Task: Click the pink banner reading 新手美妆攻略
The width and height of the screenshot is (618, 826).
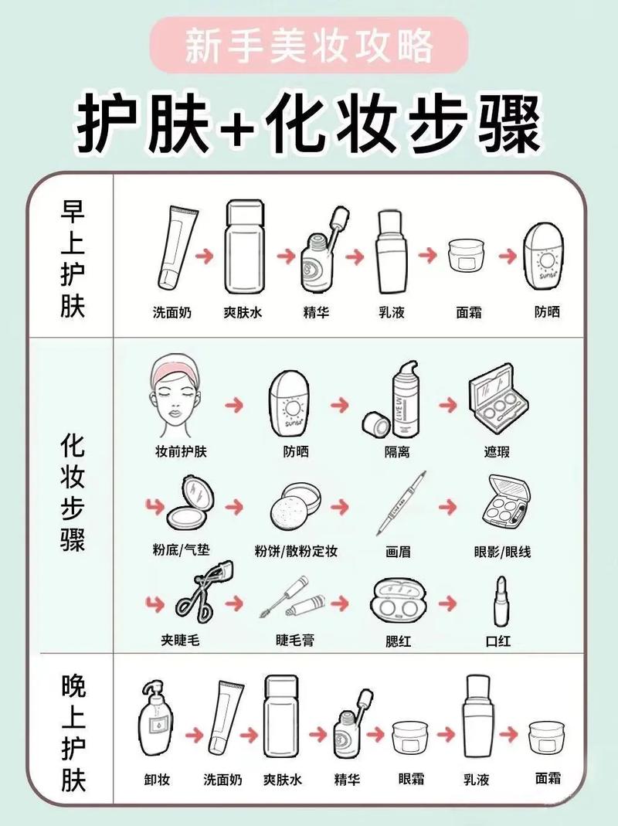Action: click(x=309, y=46)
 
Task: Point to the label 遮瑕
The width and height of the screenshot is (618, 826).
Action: click(x=497, y=451)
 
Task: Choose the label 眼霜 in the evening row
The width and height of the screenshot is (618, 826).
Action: click(x=411, y=779)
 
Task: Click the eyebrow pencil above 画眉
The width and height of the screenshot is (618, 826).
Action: click(x=402, y=503)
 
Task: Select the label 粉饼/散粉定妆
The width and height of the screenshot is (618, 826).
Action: click(x=296, y=552)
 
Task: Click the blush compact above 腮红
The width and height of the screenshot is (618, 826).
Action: click(x=397, y=600)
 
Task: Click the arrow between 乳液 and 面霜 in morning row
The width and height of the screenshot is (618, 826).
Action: click(x=428, y=256)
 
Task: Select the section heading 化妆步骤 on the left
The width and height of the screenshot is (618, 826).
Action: click(x=73, y=491)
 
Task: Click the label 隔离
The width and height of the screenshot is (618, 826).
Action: click(x=397, y=451)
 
